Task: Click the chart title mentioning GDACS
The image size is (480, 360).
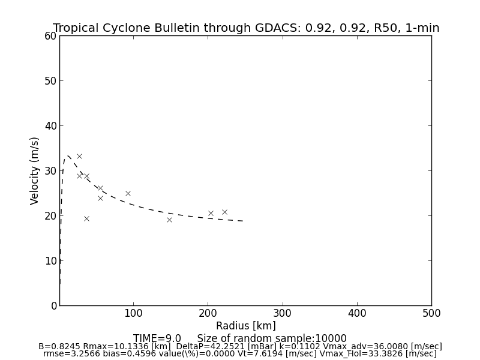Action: pos(246,28)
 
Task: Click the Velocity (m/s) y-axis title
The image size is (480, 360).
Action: pos(35,170)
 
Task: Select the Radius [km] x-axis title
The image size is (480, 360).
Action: pos(245,326)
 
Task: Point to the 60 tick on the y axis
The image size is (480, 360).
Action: pos(50,36)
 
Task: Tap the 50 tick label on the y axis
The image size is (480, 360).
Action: pos(50,81)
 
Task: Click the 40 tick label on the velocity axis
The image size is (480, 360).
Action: pos(50,126)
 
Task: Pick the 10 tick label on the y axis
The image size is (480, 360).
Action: pos(50,261)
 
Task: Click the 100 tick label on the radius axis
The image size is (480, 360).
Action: pos(133,313)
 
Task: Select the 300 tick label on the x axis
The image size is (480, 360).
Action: pos(282,313)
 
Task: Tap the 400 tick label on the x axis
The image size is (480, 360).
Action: pos(357,313)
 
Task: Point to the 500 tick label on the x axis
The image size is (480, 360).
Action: pos(431,313)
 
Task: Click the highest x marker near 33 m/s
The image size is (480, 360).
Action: pos(79,156)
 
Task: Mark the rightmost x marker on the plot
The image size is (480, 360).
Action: pos(224,212)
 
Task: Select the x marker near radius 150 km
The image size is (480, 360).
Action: pos(169,220)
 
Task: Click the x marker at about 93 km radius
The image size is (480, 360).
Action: pos(128,193)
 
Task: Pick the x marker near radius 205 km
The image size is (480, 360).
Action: pos(211,213)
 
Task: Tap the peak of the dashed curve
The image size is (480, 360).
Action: pos(68,156)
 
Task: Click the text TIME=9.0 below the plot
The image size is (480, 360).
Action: pos(157,338)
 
